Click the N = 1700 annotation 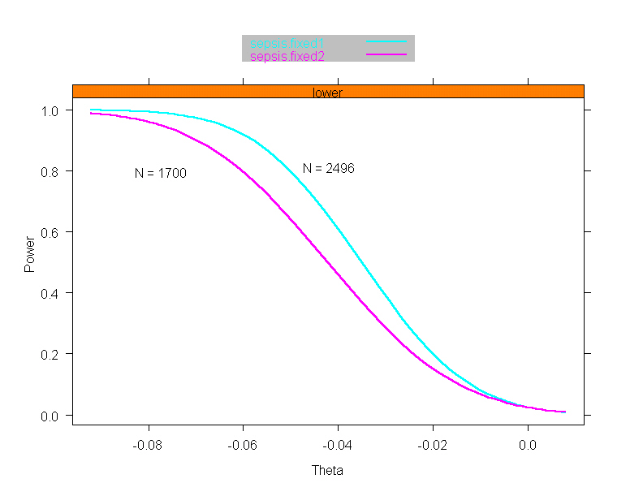pyautogui.click(x=161, y=173)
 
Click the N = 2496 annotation pyautogui.click(x=329, y=168)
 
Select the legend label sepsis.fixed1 pyautogui.click(x=287, y=42)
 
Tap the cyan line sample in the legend pyautogui.click(x=385, y=41)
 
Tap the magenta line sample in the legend pyautogui.click(x=385, y=54)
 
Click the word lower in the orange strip pyautogui.click(x=327, y=93)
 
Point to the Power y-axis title pyautogui.click(x=29, y=253)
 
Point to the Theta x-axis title pyautogui.click(x=327, y=471)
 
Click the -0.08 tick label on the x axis pyautogui.click(x=148, y=445)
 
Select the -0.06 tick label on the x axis pyautogui.click(x=243, y=445)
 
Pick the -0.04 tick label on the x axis pyautogui.click(x=338, y=445)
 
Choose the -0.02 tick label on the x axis pyautogui.click(x=433, y=445)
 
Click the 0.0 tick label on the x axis pyautogui.click(x=528, y=445)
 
